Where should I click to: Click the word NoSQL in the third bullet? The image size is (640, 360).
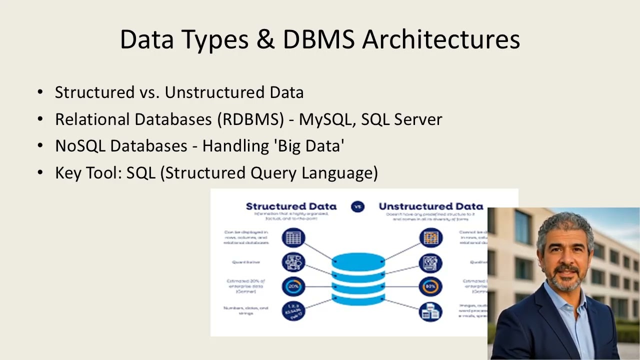coord(80,146)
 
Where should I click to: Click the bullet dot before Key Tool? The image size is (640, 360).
coord(40,173)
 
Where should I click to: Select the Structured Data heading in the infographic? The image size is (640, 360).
coord(291,206)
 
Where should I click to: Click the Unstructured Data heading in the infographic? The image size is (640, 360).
coord(430,206)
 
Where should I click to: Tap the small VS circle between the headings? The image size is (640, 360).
coord(357,206)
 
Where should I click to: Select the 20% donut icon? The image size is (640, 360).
coord(293,286)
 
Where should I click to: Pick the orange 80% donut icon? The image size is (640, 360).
coord(430,286)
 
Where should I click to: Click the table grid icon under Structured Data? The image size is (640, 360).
coord(293,237)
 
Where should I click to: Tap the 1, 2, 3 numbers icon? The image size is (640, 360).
coord(293,311)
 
